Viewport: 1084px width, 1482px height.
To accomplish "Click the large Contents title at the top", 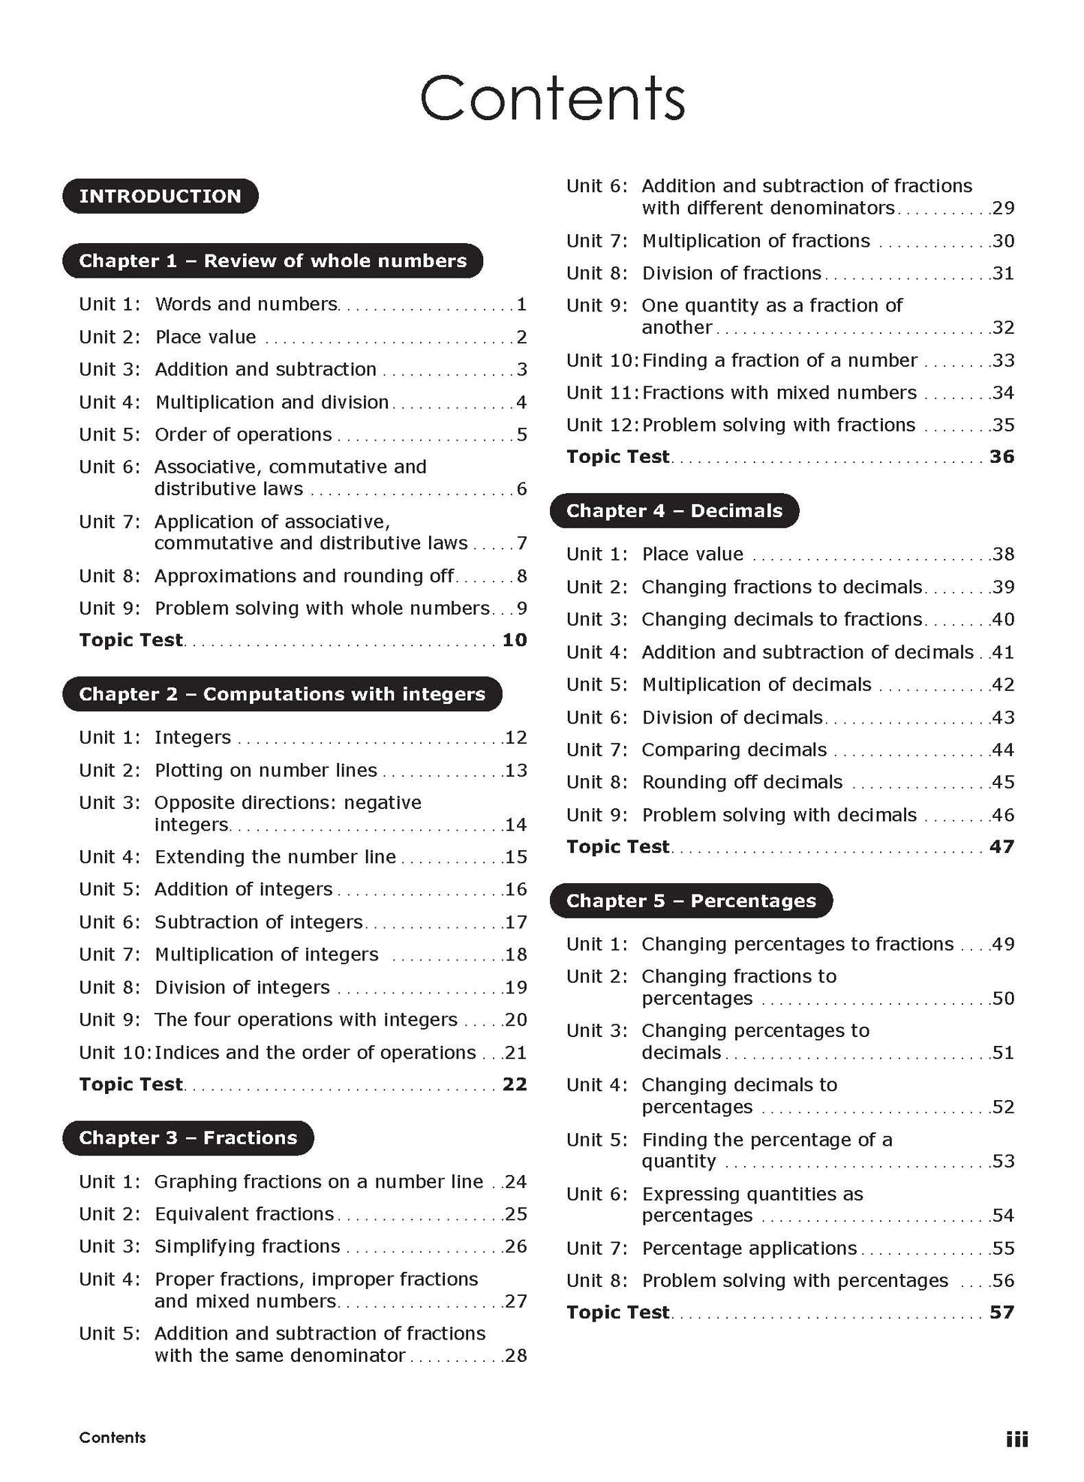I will click(x=552, y=98).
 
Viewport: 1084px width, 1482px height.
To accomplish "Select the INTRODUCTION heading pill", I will click(x=160, y=197).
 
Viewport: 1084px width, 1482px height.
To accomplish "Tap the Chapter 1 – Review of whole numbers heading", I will click(x=272, y=261).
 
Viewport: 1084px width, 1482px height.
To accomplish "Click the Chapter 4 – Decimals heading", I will click(x=674, y=511).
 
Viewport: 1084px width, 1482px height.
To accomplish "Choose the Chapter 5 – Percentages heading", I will click(x=690, y=901).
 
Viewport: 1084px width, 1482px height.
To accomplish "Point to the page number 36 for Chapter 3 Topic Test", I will click(x=1001, y=457).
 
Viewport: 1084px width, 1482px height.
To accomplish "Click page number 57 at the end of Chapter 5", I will click(x=1001, y=1312).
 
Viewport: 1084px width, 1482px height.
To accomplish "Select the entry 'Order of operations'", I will click(x=243, y=435).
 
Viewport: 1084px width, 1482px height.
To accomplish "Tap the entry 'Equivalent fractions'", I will click(x=244, y=1214).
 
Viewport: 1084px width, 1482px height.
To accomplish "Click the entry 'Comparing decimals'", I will click(x=734, y=750).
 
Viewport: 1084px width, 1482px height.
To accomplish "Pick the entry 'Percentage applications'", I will click(x=749, y=1249).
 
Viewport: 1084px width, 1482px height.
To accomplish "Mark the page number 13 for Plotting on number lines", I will click(x=516, y=771).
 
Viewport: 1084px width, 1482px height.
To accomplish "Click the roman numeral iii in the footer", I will click(x=1016, y=1439).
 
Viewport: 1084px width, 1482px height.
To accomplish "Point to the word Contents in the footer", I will click(x=113, y=1438).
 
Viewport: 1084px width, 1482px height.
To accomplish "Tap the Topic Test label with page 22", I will click(x=131, y=1085).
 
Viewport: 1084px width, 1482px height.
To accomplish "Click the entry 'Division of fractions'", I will click(x=731, y=274).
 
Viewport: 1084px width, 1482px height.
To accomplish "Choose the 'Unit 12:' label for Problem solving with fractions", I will click(x=602, y=425).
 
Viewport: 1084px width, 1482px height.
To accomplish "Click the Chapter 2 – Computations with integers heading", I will click(x=281, y=695).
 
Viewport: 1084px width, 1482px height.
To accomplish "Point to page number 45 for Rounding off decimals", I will click(x=1003, y=783).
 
